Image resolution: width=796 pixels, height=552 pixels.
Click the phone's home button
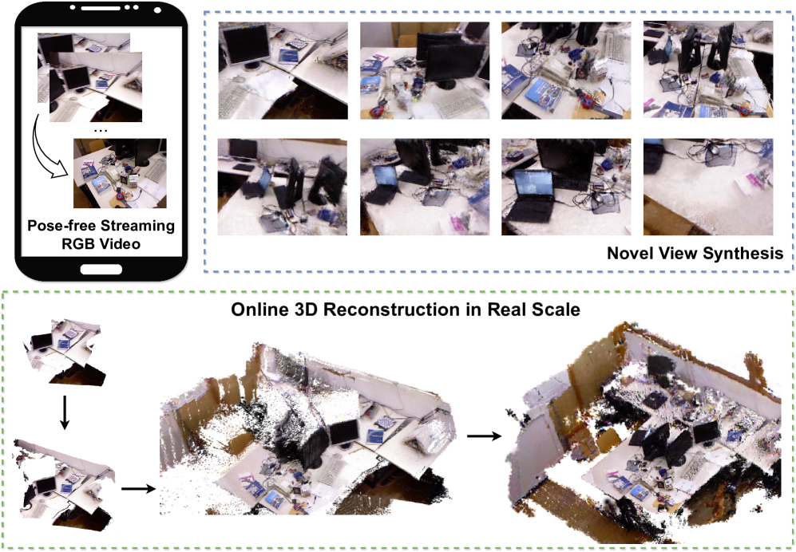101,269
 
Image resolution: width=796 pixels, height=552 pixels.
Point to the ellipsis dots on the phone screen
101,130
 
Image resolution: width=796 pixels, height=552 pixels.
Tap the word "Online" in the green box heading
258,310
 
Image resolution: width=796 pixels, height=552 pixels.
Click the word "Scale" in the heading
558,310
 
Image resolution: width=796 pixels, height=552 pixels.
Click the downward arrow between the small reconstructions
64,412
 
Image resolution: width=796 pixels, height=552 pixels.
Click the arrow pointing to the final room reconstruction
485,436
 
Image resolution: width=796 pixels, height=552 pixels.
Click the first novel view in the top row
283,70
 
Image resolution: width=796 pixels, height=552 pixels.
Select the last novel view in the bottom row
708,187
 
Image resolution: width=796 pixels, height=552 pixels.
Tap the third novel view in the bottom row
567,187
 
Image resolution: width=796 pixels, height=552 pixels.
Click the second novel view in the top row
425,70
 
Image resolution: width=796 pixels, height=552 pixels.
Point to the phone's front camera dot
157,10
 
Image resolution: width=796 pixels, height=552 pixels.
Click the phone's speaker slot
101,8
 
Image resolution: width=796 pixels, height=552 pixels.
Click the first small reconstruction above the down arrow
65,351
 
